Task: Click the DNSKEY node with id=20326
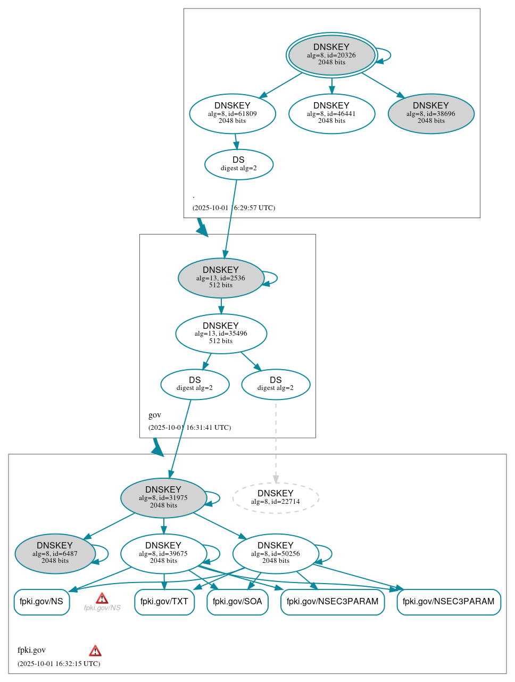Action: [331, 55]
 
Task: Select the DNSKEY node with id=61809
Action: [232, 113]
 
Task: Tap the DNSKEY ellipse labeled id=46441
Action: [331, 113]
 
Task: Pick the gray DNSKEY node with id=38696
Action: [431, 113]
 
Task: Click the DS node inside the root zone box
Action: [238, 164]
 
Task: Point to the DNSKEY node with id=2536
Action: [221, 278]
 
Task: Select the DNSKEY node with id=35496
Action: [221, 334]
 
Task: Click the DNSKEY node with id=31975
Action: [163, 498]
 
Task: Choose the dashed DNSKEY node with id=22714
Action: [276, 498]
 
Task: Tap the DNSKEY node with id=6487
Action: [55, 554]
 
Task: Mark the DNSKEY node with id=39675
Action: [163, 554]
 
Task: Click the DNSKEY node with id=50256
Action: [276, 554]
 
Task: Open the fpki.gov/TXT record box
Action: [164, 602]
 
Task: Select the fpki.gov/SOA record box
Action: [237, 602]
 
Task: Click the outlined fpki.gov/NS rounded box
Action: [41, 602]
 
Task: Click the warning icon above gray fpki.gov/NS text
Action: [102, 598]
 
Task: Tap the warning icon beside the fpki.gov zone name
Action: [95, 651]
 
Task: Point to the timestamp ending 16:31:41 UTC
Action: [189, 428]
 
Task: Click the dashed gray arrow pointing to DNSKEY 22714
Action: [276, 442]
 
